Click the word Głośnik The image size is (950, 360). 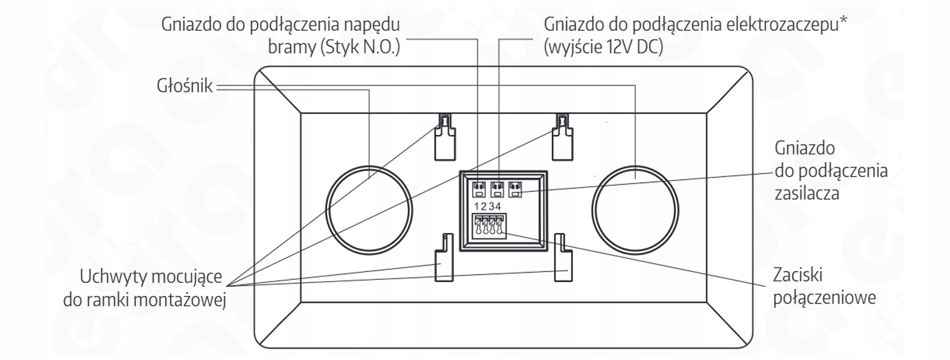185,86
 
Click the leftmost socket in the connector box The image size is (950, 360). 479,190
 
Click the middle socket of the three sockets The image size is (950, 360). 497,190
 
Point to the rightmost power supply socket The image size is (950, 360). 515,190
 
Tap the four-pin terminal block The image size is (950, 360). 489,227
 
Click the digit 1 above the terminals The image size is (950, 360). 477,207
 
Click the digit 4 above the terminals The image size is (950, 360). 498,207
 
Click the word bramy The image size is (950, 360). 292,47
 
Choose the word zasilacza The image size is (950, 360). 807,194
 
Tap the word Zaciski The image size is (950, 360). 798,275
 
